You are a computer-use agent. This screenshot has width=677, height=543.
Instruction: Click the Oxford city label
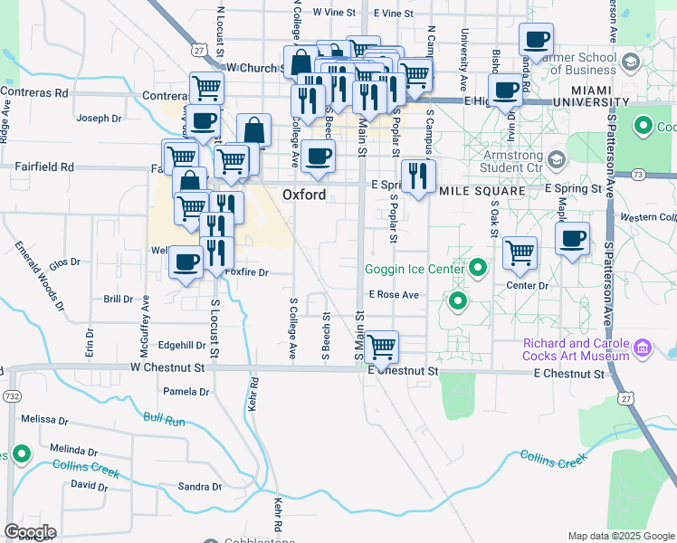pyautogui.click(x=303, y=195)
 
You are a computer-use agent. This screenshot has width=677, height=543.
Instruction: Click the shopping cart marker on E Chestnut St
pyautogui.click(x=382, y=346)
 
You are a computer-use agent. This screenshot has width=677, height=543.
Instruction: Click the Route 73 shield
pyautogui.click(x=638, y=174)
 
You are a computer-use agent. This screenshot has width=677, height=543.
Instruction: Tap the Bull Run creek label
pyautogui.click(x=164, y=420)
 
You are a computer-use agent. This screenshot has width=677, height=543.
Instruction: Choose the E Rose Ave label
pyautogui.click(x=394, y=295)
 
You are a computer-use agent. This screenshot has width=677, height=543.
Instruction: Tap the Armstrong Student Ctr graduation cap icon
pyautogui.click(x=557, y=160)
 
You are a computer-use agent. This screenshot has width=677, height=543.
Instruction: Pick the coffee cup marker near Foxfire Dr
pyautogui.click(x=186, y=262)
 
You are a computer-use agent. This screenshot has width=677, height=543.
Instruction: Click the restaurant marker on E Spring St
pyautogui.click(x=418, y=176)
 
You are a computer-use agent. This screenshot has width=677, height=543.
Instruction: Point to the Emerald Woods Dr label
pyautogui.click(x=40, y=276)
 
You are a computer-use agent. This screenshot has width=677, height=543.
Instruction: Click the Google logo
pyautogui.click(x=30, y=532)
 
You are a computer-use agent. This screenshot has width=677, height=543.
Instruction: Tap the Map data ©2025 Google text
pyautogui.click(x=619, y=536)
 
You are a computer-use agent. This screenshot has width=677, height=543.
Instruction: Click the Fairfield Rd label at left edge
pyautogui.click(x=43, y=167)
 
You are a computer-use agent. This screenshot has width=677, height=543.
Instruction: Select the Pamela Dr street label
pyautogui.click(x=186, y=392)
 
